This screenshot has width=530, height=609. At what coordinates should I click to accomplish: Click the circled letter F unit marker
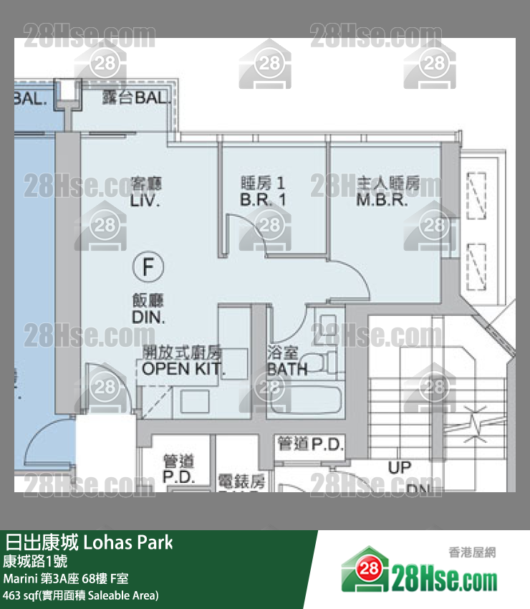(148, 268)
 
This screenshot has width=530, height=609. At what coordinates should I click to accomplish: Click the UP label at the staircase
(399, 468)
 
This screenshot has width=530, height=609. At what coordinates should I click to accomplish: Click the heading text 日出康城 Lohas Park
(89, 542)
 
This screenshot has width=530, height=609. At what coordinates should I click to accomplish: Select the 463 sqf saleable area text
(81, 595)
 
